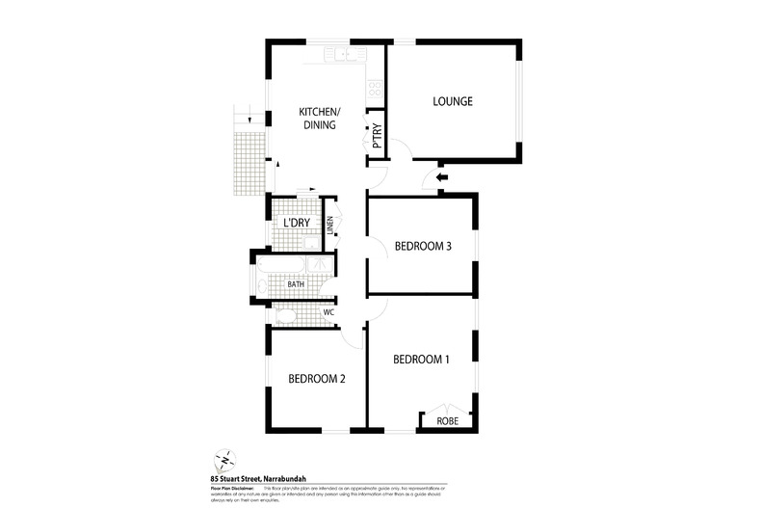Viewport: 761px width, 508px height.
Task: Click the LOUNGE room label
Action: (x=452, y=101)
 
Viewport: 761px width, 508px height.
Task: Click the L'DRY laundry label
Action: (x=295, y=224)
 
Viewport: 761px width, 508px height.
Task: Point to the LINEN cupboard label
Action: (x=329, y=225)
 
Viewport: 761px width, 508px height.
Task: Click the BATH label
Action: (x=296, y=284)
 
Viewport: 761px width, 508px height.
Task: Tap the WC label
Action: (x=328, y=312)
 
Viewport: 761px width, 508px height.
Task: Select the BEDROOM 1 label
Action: (x=421, y=360)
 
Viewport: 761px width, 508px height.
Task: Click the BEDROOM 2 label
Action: (x=316, y=379)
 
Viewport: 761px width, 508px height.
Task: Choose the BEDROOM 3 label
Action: (x=423, y=247)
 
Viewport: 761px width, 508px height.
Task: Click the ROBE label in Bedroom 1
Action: (x=447, y=421)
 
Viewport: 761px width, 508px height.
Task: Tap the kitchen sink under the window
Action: (x=339, y=53)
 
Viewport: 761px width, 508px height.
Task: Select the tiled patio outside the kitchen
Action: (x=249, y=161)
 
